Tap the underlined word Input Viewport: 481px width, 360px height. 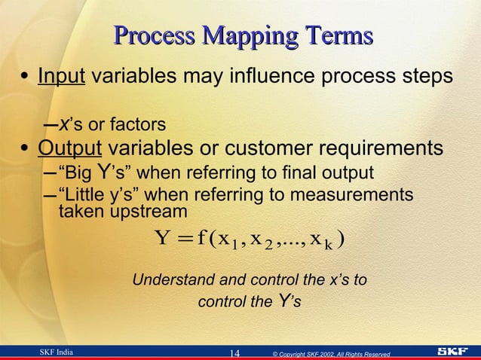[x=61, y=78]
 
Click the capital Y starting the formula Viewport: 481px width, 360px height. [x=162, y=240]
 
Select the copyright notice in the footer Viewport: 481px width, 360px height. [x=331, y=353]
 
